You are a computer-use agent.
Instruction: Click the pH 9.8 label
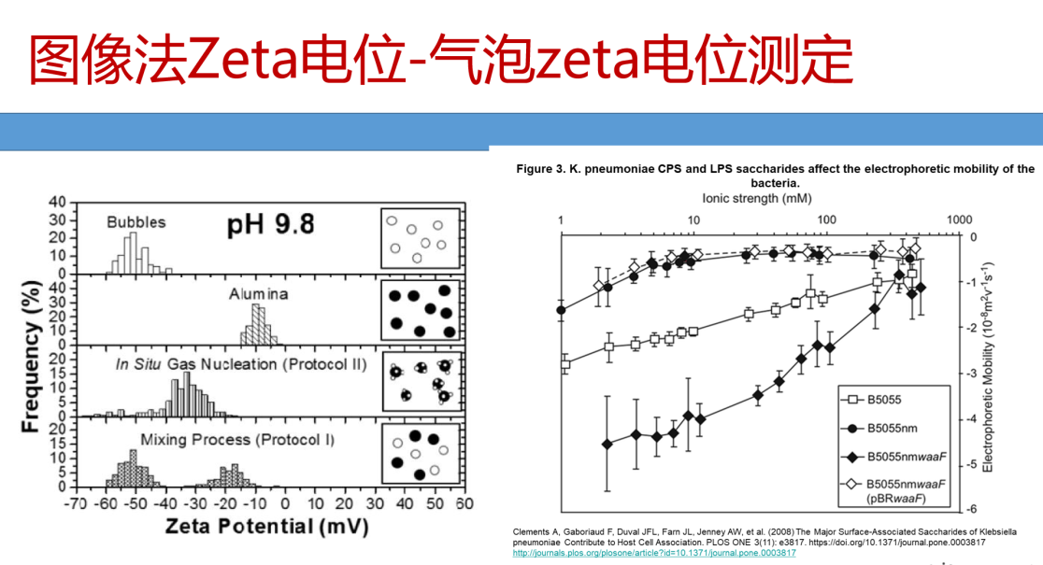click(x=270, y=225)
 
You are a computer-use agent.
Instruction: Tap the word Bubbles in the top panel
click(x=136, y=222)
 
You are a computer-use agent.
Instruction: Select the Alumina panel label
click(x=259, y=294)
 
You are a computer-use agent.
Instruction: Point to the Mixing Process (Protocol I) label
click(x=237, y=439)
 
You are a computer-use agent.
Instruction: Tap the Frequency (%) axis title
click(x=33, y=356)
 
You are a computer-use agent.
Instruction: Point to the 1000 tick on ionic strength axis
click(x=957, y=219)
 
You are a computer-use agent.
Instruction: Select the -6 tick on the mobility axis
click(x=971, y=509)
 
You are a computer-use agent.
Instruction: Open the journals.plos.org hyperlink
click(x=654, y=553)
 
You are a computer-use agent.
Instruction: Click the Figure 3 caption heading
click(x=775, y=177)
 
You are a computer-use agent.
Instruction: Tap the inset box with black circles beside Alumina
click(x=421, y=313)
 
